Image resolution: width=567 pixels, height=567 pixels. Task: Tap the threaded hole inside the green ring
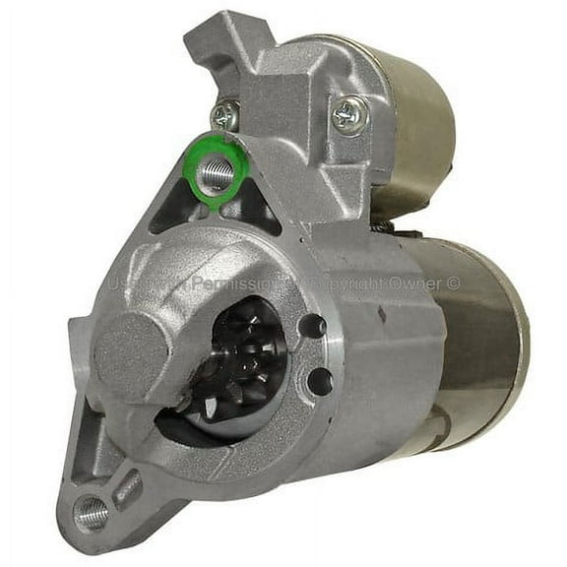click(x=220, y=173)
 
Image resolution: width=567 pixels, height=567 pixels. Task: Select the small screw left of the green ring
click(x=224, y=117)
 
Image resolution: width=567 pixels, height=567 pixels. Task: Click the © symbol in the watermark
click(x=454, y=283)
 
